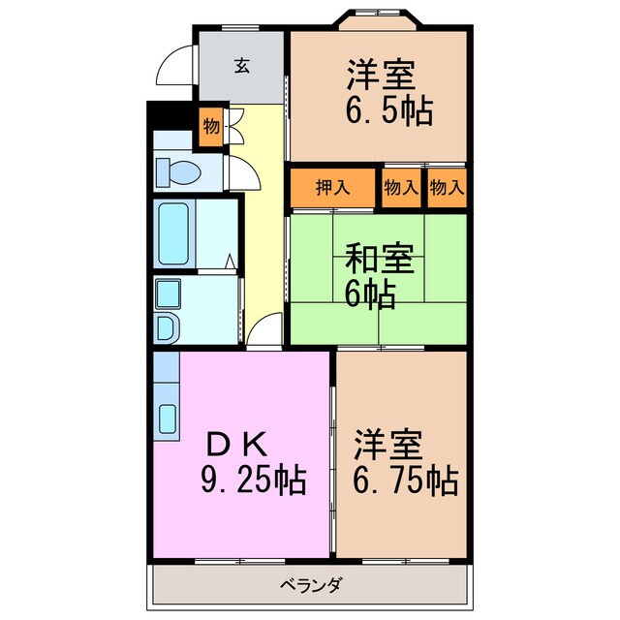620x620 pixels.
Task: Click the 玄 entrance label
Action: (x=241, y=66)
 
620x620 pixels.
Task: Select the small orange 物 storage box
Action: (x=210, y=127)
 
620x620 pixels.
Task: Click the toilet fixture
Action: (x=178, y=172)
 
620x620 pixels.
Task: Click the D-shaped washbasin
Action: (x=166, y=328)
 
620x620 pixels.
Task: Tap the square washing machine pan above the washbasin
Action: (x=167, y=294)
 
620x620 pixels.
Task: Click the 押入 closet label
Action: (x=331, y=188)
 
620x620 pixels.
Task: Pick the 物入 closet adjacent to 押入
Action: (x=400, y=188)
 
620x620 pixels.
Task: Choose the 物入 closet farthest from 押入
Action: (x=447, y=188)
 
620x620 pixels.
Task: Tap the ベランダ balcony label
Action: (x=310, y=585)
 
